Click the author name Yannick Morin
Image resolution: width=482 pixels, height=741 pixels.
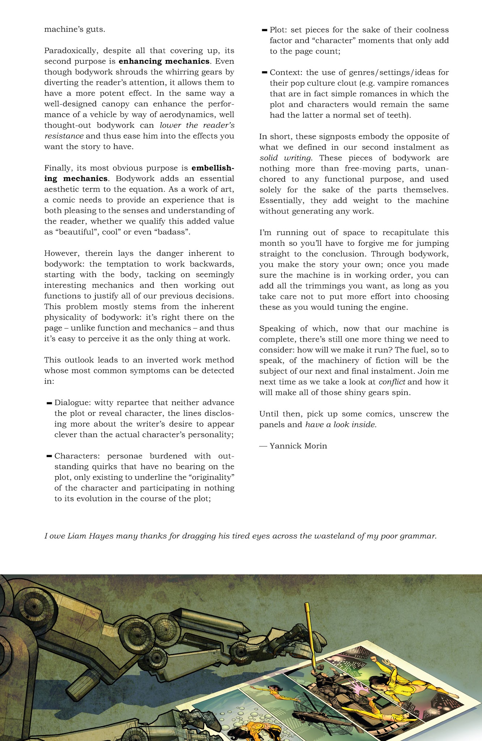(298, 446)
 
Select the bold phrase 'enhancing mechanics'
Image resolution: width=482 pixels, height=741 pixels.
(164, 61)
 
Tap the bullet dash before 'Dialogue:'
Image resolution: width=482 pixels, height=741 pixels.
(49, 403)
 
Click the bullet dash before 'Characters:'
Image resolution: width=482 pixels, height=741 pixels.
(49, 456)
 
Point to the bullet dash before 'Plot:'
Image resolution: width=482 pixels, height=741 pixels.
(265, 30)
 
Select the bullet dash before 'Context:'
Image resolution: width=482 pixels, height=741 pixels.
(265, 73)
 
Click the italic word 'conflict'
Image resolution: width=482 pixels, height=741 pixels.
(392, 382)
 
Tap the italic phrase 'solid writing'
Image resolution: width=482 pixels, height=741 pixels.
(285, 158)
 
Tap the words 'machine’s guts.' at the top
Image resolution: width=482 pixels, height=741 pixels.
(75, 29)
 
